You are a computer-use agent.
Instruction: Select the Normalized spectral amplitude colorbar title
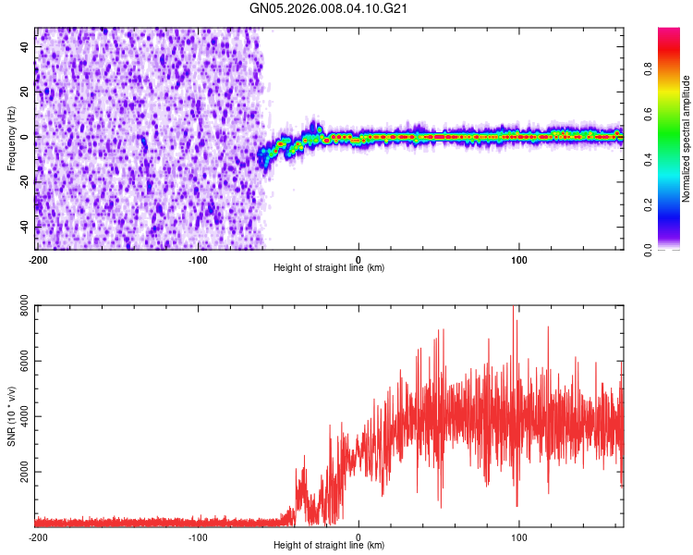(686, 139)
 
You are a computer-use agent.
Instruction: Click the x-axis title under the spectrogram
(329, 268)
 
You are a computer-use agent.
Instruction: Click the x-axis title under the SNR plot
(329, 546)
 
